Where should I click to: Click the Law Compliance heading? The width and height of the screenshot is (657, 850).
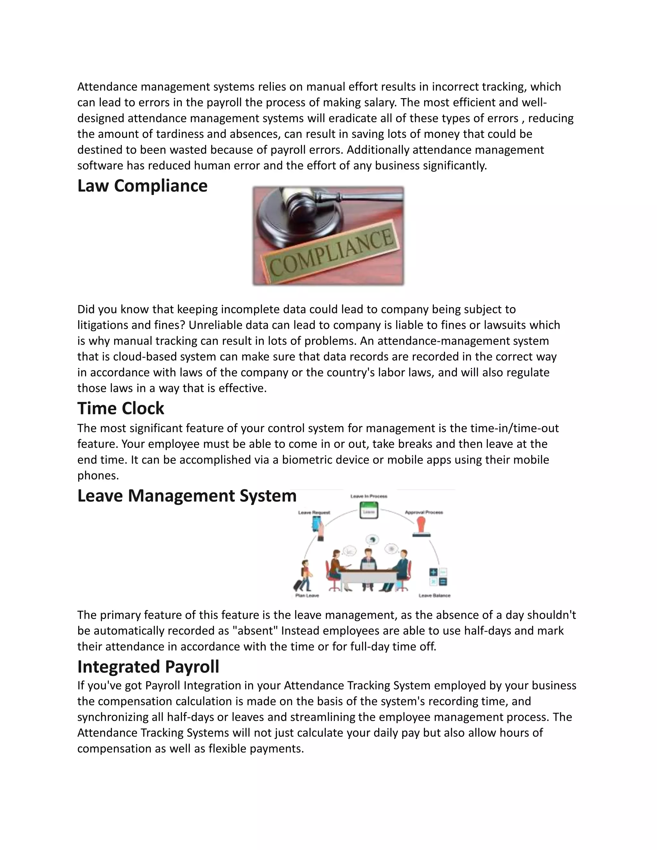coord(142,186)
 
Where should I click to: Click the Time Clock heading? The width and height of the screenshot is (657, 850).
coord(121,408)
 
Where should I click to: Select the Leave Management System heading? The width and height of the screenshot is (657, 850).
coord(187,496)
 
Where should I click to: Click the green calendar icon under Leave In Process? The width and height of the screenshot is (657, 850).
coord(369,510)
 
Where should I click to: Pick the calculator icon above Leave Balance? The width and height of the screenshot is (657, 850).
coord(438,577)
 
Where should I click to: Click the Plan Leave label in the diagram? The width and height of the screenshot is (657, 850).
coord(307,595)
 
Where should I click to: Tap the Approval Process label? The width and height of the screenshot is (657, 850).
coord(424,512)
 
